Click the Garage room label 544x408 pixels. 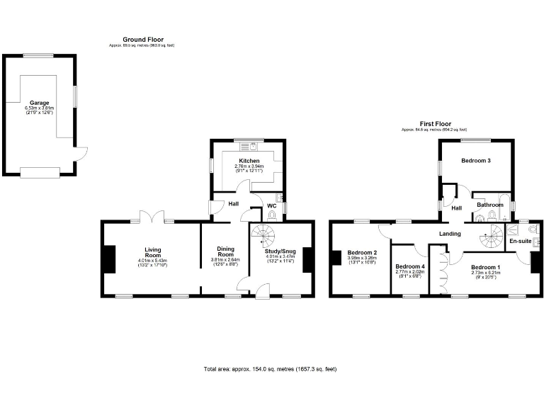[39, 103]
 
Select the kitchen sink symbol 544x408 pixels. [249, 147]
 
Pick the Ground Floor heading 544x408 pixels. [143, 40]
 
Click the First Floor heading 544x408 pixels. [435, 123]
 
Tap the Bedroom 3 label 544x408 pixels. [476, 161]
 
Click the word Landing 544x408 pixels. [450, 234]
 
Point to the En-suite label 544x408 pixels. [521, 242]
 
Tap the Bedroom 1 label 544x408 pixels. [485, 266]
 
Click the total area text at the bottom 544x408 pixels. [270, 370]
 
